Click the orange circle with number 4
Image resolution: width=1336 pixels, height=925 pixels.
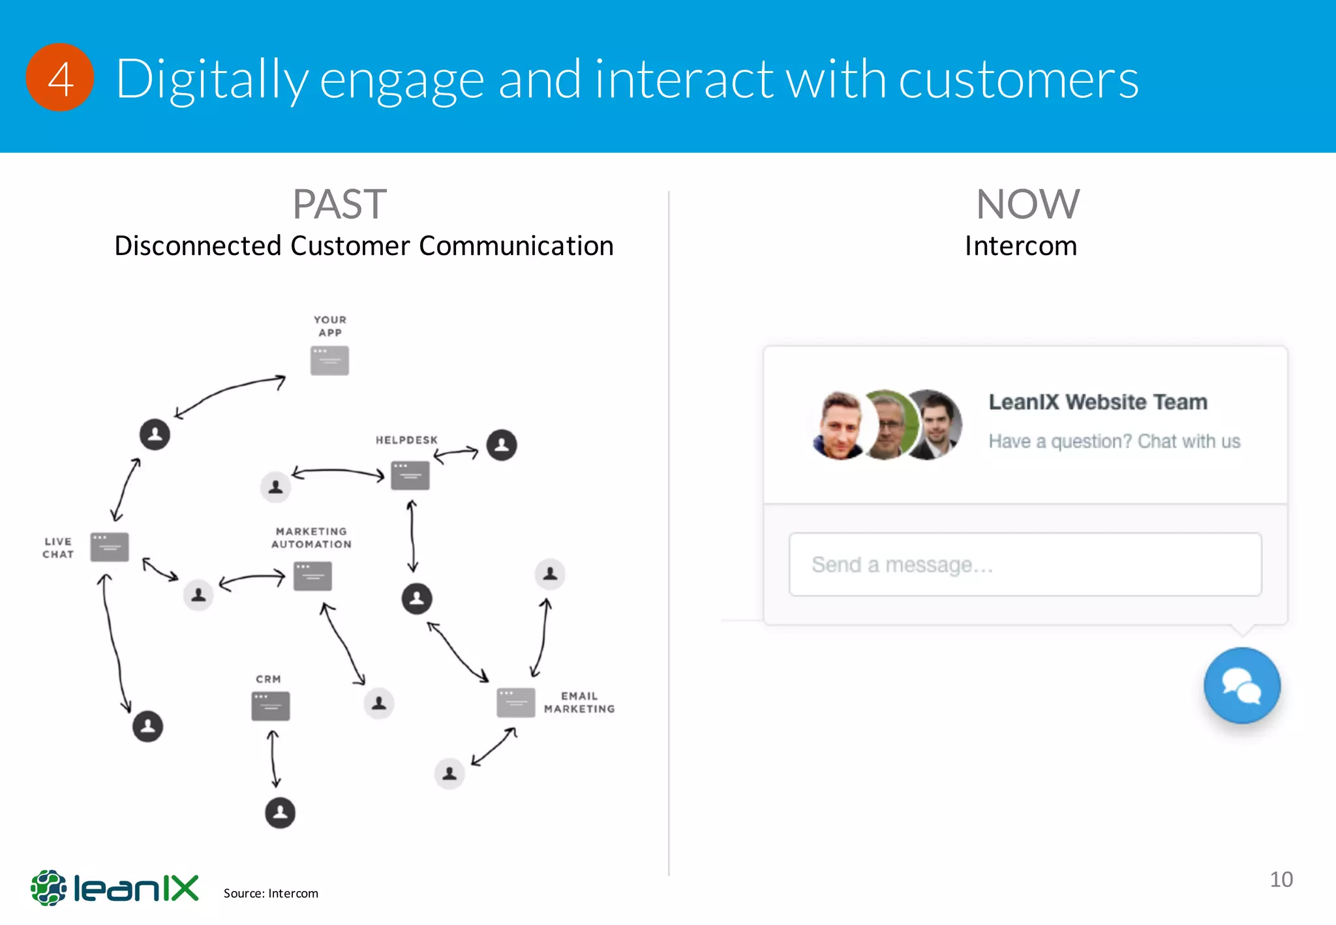click(60, 78)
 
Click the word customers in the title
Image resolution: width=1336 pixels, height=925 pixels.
click(1018, 80)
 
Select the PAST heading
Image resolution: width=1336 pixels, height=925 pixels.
click(339, 204)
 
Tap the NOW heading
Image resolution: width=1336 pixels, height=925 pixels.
click(1027, 204)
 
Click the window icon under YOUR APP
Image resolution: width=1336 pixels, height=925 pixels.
click(329, 361)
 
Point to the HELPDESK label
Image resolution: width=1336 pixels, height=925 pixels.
click(406, 440)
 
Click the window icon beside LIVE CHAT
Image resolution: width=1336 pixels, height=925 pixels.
click(110, 547)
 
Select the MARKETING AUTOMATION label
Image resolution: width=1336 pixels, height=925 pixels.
click(311, 538)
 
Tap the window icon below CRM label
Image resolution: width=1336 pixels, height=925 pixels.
click(271, 706)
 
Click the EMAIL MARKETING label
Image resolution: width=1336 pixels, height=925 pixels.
click(579, 703)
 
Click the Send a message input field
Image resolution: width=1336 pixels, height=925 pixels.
click(1025, 564)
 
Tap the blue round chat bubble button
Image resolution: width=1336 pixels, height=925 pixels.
click(1241, 686)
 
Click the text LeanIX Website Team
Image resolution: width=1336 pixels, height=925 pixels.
click(1098, 402)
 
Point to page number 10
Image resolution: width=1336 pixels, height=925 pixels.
click(1281, 879)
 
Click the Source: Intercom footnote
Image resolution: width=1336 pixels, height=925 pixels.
click(271, 893)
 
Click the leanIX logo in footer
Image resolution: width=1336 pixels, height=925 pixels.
click(115, 888)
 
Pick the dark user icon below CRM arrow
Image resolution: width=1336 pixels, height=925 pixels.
click(281, 813)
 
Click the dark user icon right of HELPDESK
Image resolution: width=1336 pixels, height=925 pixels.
click(502, 445)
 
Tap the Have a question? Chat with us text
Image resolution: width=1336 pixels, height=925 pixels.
click(1114, 442)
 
